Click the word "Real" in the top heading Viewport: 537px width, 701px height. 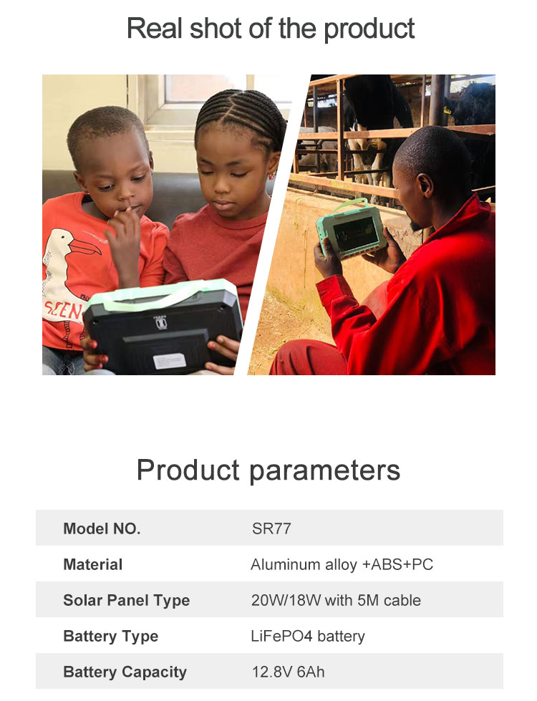pos(155,28)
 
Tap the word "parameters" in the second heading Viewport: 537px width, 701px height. pos(324,470)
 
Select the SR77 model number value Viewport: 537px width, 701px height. pos(271,528)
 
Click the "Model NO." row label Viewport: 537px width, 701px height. pos(102,528)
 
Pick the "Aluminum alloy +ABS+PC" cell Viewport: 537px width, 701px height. pos(342,564)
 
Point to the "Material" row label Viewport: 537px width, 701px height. pos(92,564)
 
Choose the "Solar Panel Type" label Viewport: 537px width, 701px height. pos(127,601)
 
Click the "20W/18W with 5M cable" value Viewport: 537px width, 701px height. pos(336,600)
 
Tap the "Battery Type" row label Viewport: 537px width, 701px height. pos(111,636)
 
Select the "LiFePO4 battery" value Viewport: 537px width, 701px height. pos(308,636)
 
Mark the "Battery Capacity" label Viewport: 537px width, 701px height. pos(125,672)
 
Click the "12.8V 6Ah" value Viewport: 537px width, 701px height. pos(289,672)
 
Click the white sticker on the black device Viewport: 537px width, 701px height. pos(170,361)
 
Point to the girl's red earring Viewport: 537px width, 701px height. pos(271,175)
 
